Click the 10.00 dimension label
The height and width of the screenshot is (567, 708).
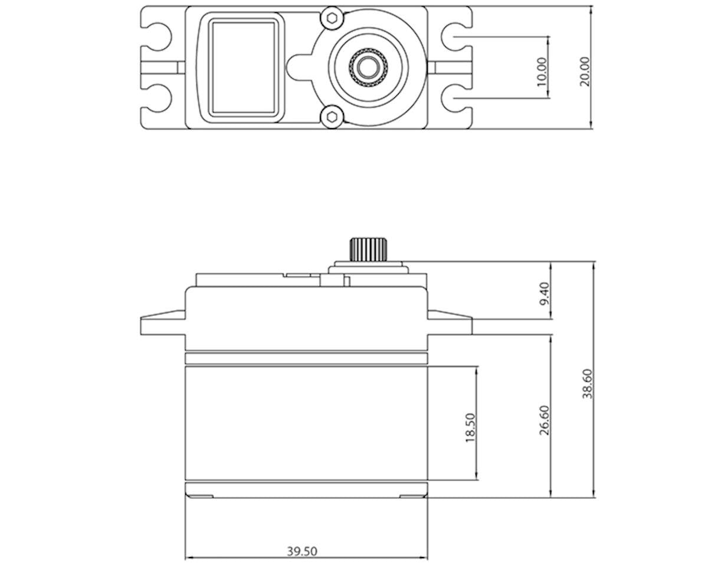pyautogui.click(x=542, y=71)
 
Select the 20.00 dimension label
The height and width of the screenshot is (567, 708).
pyautogui.click(x=584, y=71)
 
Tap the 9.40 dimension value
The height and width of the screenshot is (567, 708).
pyautogui.click(x=544, y=294)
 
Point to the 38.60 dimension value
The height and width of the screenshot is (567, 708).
pyautogui.click(x=587, y=384)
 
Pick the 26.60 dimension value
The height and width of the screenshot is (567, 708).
pyautogui.click(x=544, y=419)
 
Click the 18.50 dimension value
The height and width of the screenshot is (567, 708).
pyautogui.click(x=470, y=428)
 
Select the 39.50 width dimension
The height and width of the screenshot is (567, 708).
pyautogui.click(x=302, y=550)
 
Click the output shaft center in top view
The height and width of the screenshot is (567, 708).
pyautogui.click(x=368, y=67)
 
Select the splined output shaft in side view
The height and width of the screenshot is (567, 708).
pyautogui.click(x=366, y=249)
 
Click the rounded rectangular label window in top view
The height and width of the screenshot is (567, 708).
pyautogui.click(x=244, y=67)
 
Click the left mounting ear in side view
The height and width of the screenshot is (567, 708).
pyautogui.click(x=162, y=324)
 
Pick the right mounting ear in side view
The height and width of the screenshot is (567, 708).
pyautogui.click(x=450, y=324)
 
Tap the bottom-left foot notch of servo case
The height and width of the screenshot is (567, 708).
pyautogui.click(x=199, y=495)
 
